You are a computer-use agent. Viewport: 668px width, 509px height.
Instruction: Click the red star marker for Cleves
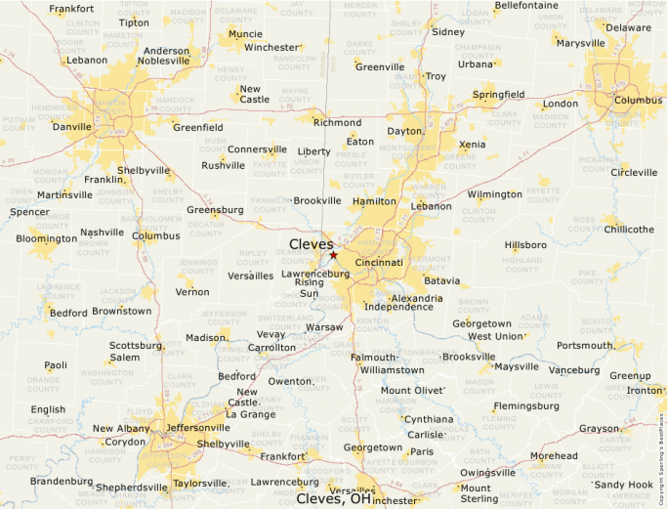333,255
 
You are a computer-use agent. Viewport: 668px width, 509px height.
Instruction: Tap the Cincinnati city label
379,263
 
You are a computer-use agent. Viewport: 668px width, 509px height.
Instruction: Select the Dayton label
404,131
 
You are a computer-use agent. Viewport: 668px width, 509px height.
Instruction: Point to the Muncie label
244,34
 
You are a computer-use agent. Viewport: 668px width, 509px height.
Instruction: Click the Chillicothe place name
630,230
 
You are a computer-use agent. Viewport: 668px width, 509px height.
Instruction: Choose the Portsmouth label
585,346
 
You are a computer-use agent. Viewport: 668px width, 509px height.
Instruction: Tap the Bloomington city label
46,238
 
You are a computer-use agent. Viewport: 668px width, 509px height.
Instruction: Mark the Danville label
71,127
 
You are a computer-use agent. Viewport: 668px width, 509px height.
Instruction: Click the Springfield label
498,94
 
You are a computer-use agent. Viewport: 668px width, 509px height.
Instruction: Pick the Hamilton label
374,201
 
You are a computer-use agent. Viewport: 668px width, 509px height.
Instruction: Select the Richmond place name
337,123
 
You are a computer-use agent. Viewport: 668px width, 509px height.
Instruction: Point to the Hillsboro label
525,245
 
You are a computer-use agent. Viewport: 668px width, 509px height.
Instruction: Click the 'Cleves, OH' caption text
334,498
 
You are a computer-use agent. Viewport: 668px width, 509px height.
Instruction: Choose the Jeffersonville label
198,428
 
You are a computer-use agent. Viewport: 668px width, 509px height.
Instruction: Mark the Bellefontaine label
526,5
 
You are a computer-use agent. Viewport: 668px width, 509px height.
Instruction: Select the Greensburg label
215,210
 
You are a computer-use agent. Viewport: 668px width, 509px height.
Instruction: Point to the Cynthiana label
430,419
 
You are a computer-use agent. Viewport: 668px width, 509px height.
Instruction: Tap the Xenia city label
472,145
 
